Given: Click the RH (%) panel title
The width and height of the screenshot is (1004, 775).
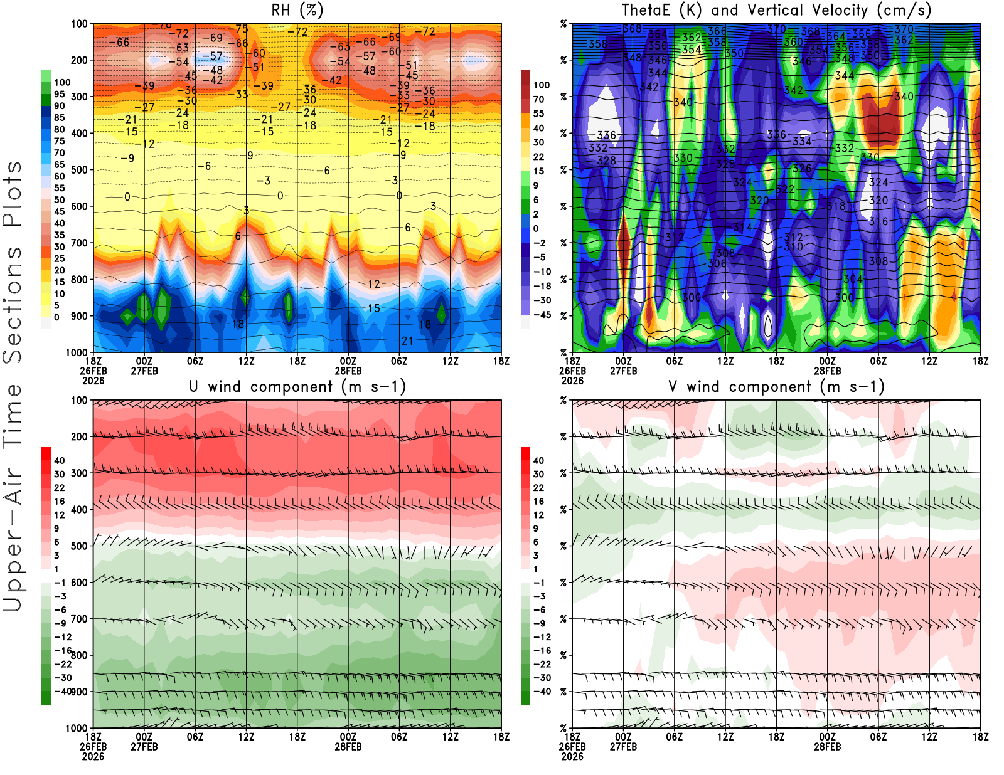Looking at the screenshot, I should pos(297,10).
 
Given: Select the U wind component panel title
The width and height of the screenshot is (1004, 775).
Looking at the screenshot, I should pos(297,386).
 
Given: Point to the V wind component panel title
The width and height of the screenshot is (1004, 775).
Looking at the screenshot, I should pos(776,386).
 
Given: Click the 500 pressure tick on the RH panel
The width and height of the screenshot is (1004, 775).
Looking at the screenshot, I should pos(79,170).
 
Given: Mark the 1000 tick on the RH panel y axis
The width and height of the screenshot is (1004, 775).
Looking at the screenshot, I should pos(77,352).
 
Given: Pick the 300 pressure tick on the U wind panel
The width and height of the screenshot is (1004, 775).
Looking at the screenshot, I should pos(79,473).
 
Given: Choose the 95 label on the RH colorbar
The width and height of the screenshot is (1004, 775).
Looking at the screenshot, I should pos(59,95).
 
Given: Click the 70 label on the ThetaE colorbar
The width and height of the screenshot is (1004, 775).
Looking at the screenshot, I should pos(538,99).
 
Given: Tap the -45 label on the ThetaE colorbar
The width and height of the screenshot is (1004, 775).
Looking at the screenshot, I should pos(541,315).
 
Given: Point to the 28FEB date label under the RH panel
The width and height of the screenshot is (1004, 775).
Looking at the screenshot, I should pos(348,371).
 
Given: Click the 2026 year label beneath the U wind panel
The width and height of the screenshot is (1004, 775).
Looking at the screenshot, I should pos(93,756).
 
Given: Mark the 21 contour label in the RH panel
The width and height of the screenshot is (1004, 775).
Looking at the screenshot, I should pos(407,340).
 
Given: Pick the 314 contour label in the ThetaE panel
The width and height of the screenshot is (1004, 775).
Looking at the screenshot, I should pos(742,227).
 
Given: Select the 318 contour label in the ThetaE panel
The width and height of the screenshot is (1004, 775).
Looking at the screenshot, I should pos(836,206).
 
